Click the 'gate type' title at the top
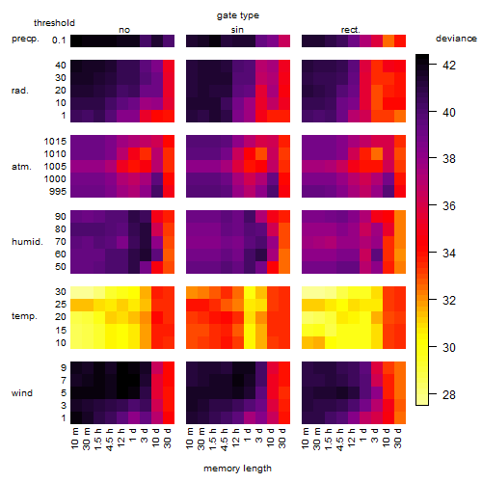coord(238,15)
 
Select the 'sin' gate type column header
coord(237,30)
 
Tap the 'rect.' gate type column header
coord(350,30)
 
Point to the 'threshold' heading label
coord(54,23)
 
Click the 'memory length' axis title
coord(237,469)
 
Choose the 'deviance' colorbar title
coord(456,39)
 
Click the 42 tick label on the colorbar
coord(449,66)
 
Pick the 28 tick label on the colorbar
coord(449,394)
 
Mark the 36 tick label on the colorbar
coord(449,205)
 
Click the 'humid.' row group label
coord(27,242)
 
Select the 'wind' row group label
coord(22,393)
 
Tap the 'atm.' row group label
coord(21,167)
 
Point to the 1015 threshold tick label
coord(55,142)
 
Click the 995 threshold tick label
coord(58,192)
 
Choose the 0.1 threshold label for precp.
coord(59,40)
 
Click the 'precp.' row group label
coord(25,40)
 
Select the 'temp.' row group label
coord(24,316)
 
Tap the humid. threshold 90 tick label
coord(61,217)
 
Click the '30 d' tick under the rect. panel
coord(398,438)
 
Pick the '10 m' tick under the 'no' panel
coord(74,438)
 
